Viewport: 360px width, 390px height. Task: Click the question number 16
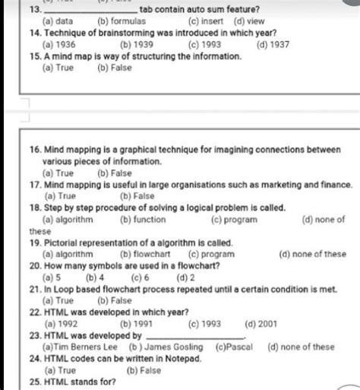(34, 151)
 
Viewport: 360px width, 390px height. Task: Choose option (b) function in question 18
(143, 220)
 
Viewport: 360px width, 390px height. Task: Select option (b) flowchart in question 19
(145, 254)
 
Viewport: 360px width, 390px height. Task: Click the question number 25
(34, 380)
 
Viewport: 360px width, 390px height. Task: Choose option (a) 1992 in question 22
(62, 323)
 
